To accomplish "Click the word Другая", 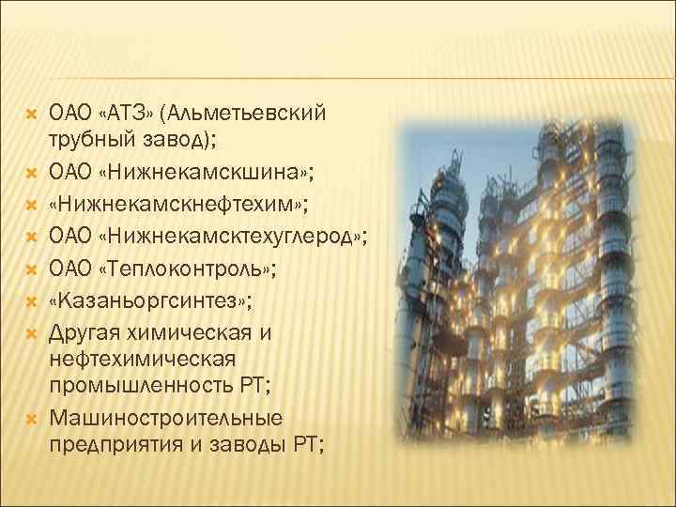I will point(88,332).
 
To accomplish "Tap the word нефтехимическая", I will point(143,359).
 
